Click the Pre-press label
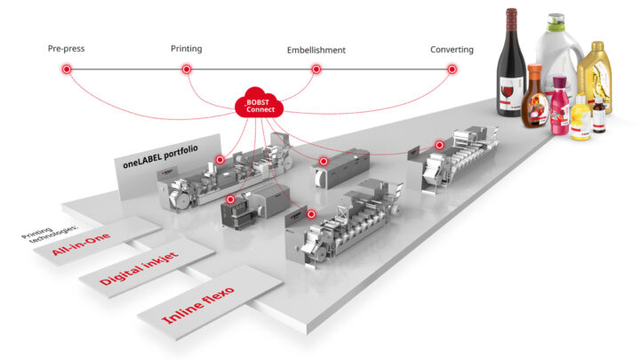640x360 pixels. pos(66,48)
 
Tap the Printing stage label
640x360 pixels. pos(186,48)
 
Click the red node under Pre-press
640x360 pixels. pos(66,68)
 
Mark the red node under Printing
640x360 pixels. pos(187,68)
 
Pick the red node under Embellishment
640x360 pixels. pos(316,68)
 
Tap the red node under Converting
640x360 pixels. pos(452,68)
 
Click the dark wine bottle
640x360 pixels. pos(512,71)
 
